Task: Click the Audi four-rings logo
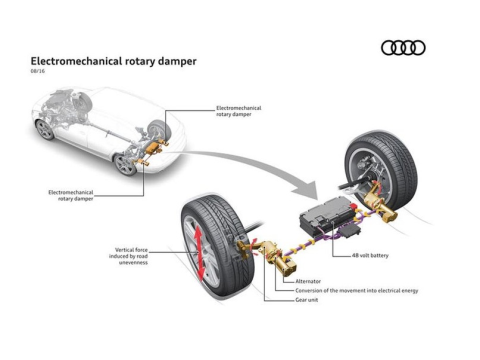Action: (403, 48)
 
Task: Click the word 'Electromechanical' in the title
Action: (76, 61)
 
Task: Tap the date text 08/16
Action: (38, 71)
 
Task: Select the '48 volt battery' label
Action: (370, 255)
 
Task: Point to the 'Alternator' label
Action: (308, 281)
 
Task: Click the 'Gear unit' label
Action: (307, 300)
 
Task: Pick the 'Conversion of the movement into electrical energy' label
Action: (357, 291)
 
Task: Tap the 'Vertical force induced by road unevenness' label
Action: (128, 256)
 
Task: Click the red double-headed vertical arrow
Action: (198, 253)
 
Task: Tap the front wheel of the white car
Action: (45, 130)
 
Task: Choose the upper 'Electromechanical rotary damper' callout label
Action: (239, 111)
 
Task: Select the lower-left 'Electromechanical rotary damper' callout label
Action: (71, 195)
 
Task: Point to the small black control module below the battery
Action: (349, 230)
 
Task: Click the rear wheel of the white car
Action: (125, 165)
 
